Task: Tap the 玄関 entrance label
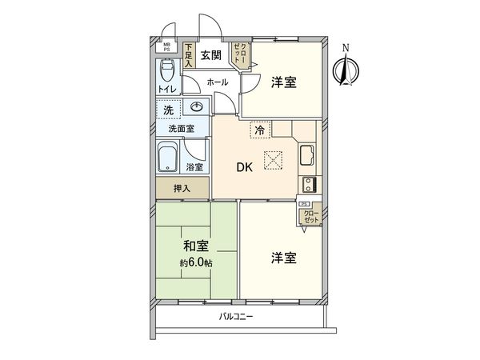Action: (210, 55)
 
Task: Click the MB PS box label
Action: (168, 47)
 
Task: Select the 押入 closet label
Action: (182, 188)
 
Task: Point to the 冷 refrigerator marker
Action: (259, 128)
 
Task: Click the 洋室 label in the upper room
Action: (284, 81)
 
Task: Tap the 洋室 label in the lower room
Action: (283, 258)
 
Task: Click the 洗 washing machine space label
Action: (169, 109)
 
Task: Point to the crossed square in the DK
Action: (274, 160)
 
